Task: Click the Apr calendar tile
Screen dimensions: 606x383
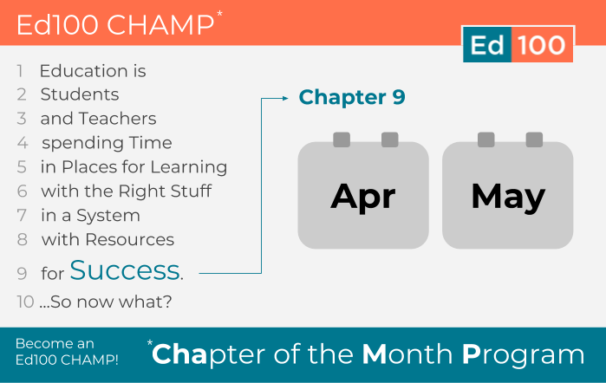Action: pyautogui.click(x=363, y=195)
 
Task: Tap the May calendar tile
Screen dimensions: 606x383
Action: pyautogui.click(x=508, y=195)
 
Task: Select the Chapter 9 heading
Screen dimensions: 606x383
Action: pyautogui.click(x=352, y=97)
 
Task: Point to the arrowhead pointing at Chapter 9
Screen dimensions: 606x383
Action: pyautogui.click(x=285, y=98)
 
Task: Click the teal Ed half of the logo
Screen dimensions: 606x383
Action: pyautogui.click(x=487, y=44)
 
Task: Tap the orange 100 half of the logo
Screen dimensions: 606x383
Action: pyautogui.click(x=542, y=44)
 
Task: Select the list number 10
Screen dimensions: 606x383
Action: pyautogui.click(x=25, y=302)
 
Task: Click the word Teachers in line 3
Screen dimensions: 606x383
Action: pyautogui.click(x=118, y=118)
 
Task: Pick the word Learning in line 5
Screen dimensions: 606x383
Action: pyautogui.click(x=189, y=167)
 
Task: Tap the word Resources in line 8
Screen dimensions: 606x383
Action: pyautogui.click(x=130, y=240)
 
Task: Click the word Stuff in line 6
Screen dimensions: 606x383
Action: pyautogui.click(x=192, y=191)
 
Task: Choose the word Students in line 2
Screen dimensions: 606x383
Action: pyautogui.click(x=80, y=94)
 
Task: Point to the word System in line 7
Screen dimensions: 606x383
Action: pyautogui.click(x=108, y=216)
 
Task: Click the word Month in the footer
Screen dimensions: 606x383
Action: pyautogui.click(x=407, y=354)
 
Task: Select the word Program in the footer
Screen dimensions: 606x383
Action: pyautogui.click(x=524, y=355)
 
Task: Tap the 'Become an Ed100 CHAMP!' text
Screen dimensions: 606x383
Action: pyautogui.click(x=67, y=352)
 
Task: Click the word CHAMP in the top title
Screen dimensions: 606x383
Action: pyautogui.click(x=160, y=25)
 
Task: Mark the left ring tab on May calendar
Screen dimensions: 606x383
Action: pyautogui.click(x=486, y=140)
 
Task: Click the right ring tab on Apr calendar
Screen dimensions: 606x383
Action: pyautogui.click(x=390, y=140)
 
